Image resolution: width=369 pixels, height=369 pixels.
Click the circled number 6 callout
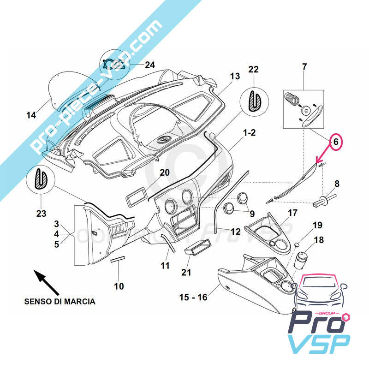tap(336, 142)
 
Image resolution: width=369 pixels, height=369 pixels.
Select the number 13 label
tap(235, 76)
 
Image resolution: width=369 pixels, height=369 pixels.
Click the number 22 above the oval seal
tap(254, 69)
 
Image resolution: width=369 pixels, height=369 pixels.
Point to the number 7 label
tap(304, 67)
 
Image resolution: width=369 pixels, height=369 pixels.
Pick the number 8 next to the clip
tap(337, 184)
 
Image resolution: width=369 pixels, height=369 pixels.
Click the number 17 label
tap(293, 213)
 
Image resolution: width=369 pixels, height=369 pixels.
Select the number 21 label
tap(186, 273)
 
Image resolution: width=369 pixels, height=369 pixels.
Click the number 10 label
tap(119, 286)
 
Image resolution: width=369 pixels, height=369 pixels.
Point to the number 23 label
tap(41, 214)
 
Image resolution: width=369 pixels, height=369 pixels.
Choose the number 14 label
tap(30, 115)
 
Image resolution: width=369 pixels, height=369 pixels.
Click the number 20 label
tap(165, 173)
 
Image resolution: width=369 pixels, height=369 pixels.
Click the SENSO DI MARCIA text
tap(60, 302)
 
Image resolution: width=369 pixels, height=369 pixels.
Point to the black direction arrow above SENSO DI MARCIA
tap(47, 282)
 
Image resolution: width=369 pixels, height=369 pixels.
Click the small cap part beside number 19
tap(298, 243)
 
